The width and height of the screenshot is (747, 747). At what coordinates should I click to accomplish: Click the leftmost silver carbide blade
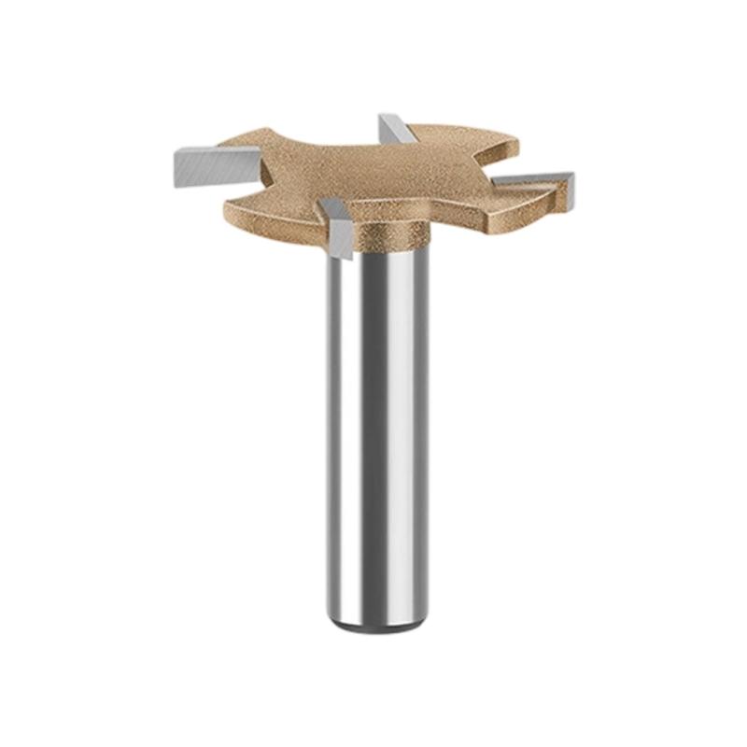click(x=202, y=167)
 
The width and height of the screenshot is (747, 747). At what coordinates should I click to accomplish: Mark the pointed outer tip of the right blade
click(x=571, y=175)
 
